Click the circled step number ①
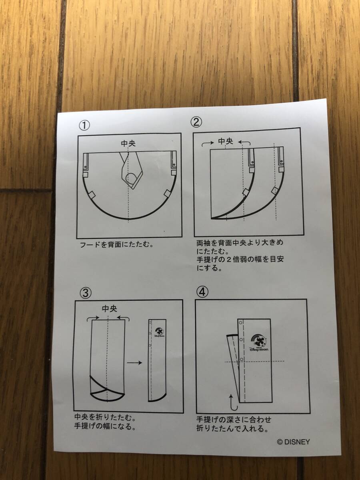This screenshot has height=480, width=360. (84, 126)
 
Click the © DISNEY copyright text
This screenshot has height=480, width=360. (293, 442)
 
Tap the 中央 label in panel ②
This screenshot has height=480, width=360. (225, 141)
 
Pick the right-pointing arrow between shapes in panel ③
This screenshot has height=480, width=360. (134, 362)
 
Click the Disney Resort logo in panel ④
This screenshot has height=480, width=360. (258, 342)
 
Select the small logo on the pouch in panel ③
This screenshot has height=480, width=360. (158, 332)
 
